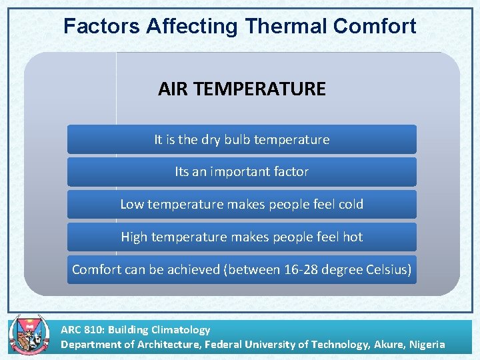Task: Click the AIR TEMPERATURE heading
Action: click(241, 89)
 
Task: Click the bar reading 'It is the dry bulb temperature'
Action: click(241, 139)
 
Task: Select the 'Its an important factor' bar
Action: click(241, 171)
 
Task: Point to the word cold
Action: click(351, 204)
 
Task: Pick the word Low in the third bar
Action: click(131, 204)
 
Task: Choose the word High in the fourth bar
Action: click(135, 237)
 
